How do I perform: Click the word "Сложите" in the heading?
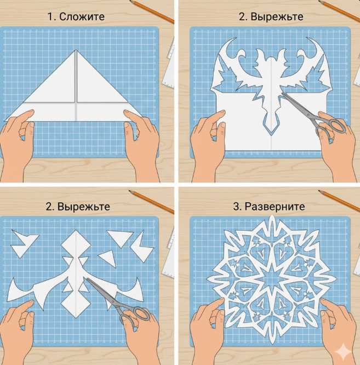pos(82,17)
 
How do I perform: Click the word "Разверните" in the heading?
pos(275,207)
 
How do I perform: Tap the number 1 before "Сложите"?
pos(50,17)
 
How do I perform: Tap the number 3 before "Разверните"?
pos(236,207)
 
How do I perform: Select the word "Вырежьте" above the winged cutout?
pos(277,17)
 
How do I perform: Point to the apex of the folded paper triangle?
pos(76,50)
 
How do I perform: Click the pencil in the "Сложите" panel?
pos(152,11)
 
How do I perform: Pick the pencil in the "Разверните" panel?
pos(339,201)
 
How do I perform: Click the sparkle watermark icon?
pos(344,352)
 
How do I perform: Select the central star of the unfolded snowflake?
pos(272,277)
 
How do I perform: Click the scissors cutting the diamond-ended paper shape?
pos(119,300)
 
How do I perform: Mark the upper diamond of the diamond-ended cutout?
pos(76,244)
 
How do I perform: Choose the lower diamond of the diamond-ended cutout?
pos(76,303)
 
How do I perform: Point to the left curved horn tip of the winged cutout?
pos(235,39)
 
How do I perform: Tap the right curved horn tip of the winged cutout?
pos(308,38)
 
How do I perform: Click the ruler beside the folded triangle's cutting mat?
pos(170,65)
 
